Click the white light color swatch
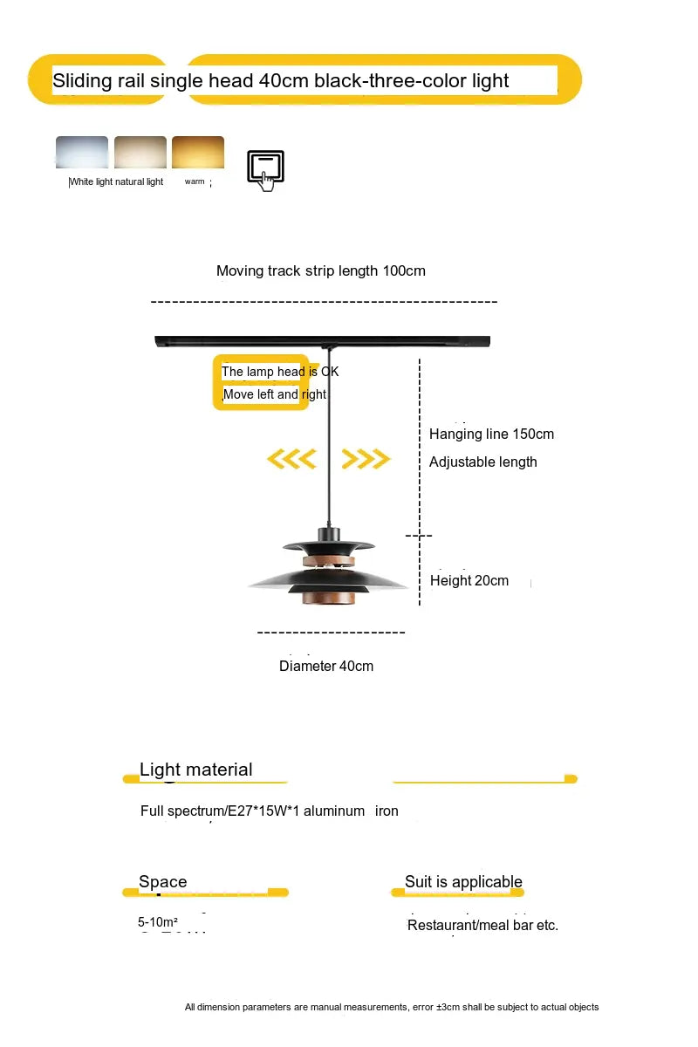[x=82, y=152]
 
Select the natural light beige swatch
[x=140, y=152]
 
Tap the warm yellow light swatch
[x=198, y=152]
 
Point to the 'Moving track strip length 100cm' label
[x=321, y=270]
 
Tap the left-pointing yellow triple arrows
[x=291, y=459]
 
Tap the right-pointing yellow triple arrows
[x=366, y=459]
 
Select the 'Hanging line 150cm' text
[x=491, y=435]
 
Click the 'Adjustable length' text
[x=482, y=462]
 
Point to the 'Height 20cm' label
[x=469, y=581]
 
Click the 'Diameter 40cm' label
[x=326, y=667]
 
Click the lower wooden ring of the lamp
[x=329, y=599]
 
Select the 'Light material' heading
[x=196, y=770]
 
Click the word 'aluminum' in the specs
[x=334, y=811]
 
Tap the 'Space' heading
[x=163, y=882]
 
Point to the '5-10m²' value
[x=158, y=922]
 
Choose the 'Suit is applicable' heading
[x=463, y=882]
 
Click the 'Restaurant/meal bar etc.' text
[x=482, y=925]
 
